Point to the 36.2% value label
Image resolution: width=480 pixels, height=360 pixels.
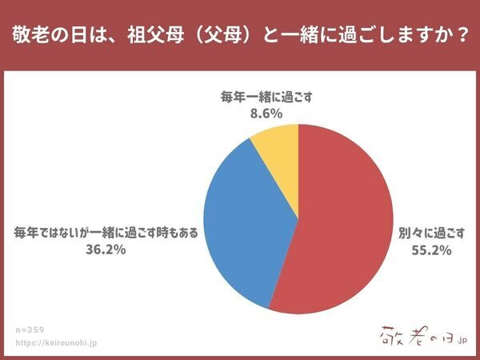(x=106, y=249)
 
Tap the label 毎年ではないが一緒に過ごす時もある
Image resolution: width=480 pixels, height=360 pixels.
(x=106, y=233)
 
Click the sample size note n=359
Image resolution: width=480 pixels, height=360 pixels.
(x=30, y=329)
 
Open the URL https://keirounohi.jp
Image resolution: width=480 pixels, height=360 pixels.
(x=55, y=342)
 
